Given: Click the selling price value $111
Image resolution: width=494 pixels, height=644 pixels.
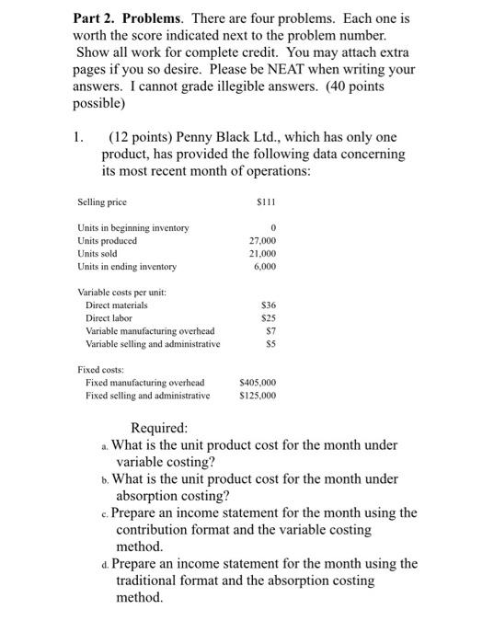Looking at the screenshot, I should tap(267, 201).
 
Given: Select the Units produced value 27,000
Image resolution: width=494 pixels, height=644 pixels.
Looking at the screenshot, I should tap(262, 240).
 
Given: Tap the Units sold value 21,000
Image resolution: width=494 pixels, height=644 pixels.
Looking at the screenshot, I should tap(262, 253).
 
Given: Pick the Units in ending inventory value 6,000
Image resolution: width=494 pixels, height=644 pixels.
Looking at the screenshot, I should tap(265, 267).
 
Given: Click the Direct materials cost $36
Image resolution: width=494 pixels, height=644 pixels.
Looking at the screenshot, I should tap(269, 305).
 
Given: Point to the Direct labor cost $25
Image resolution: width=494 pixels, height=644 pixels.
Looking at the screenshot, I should tap(269, 317).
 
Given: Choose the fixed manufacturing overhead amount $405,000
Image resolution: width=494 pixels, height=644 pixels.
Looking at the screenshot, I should tap(258, 382).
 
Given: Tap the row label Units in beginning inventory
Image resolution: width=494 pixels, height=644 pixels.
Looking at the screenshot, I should tap(132, 227).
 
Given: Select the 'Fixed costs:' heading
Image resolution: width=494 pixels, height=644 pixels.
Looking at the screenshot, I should tap(101, 369).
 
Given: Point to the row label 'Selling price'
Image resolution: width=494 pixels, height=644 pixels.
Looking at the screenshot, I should tap(102, 201).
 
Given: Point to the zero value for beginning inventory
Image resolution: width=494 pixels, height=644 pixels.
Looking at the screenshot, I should tap(273, 227).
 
